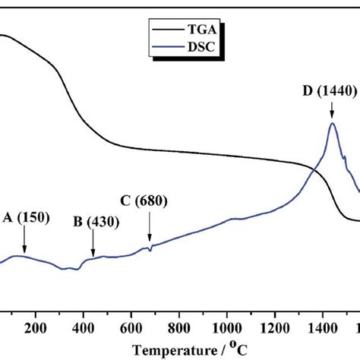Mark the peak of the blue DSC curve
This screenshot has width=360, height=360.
(x=333, y=124)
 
